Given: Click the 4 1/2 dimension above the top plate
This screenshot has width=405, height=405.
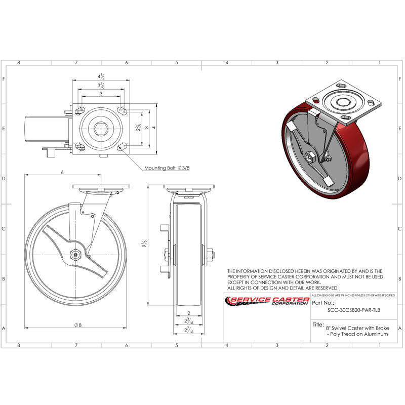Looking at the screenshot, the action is point(101,76).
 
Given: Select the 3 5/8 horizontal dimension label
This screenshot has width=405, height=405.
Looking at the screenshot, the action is point(101,85).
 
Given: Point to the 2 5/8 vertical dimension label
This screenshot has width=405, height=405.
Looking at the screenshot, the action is point(139,128).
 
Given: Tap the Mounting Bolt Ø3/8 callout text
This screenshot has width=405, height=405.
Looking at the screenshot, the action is point(167,168).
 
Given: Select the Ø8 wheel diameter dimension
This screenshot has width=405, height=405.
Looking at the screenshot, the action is point(78,325).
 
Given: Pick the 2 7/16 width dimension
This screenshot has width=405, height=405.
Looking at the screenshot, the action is point(189,330).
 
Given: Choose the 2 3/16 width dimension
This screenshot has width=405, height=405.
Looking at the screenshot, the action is point(189,321).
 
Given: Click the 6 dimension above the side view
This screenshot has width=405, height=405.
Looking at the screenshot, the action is point(62,172).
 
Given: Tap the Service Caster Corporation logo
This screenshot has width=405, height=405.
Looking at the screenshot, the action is point(267,301).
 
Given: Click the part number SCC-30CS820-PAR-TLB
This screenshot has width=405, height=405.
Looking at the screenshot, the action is point(353,310).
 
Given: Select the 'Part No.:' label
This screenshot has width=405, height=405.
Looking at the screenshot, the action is point(323,303).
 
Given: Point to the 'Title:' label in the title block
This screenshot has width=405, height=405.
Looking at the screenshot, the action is point(318,325).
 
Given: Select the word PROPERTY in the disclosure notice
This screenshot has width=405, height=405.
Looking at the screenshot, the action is point(242,277).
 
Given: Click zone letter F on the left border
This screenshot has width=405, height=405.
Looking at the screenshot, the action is point(4,79).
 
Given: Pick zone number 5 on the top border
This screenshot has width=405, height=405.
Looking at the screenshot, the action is point(177,62).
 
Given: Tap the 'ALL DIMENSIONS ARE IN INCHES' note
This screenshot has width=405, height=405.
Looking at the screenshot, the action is point(353,295).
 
